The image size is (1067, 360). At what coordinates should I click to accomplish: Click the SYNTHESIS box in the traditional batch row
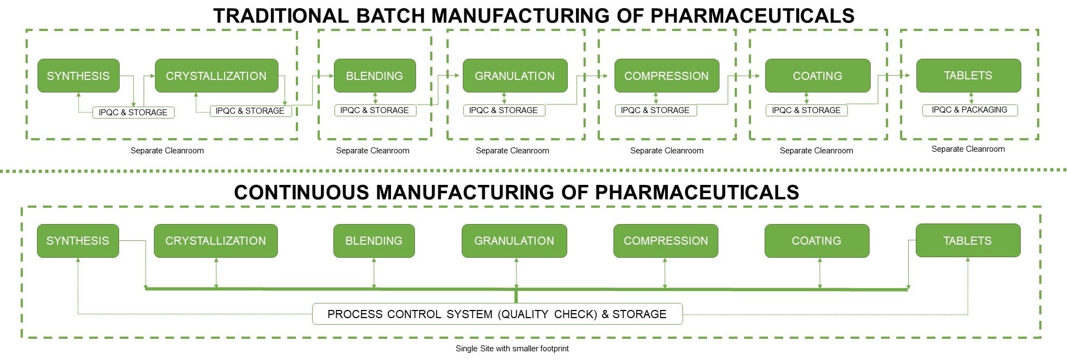click(x=78, y=76)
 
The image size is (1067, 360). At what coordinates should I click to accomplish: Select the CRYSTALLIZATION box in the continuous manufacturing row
click(x=215, y=240)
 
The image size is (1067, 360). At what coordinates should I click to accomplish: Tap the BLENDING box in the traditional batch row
click(x=374, y=76)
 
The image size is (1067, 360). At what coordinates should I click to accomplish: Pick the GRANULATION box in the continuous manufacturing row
click(x=514, y=240)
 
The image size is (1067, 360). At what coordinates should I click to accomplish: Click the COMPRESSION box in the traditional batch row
click(x=666, y=76)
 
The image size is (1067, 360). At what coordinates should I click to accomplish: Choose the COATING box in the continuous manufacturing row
click(x=816, y=240)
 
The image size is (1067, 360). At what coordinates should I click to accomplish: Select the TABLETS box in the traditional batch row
click(x=968, y=75)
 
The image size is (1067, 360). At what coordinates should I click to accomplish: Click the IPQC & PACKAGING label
click(x=969, y=110)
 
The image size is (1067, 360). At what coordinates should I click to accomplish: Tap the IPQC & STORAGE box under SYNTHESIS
click(x=133, y=112)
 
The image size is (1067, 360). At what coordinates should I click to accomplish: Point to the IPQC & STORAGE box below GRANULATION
click(x=504, y=110)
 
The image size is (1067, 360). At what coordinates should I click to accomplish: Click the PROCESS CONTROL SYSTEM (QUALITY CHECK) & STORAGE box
click(x=497, y=314)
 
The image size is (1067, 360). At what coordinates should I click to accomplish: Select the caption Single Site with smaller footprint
click(x=512, y=349)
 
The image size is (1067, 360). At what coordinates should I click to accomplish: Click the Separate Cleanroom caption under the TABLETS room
click(x=968, y=149)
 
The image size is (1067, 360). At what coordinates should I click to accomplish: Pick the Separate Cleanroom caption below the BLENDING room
click(x=373, y=151)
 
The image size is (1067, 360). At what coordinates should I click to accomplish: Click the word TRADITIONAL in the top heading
click(x=281, y=16)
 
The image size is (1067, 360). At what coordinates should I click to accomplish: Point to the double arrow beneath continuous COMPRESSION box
click(x=665, y=273)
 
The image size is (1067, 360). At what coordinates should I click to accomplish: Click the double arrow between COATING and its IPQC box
click(x=807, y=98)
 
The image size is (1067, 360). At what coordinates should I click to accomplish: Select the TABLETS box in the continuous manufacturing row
click(x=967, y=240)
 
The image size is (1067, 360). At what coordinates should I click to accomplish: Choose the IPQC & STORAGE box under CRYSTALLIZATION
click(x=250, y=110)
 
